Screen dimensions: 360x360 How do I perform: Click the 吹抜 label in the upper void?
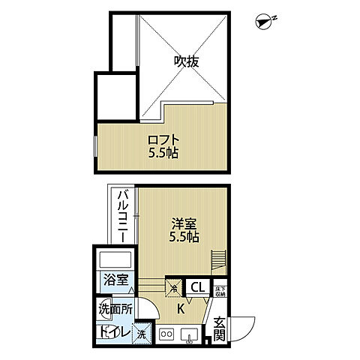point(187,62)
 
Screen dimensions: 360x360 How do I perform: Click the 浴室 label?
point(115,283)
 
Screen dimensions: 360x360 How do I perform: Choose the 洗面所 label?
point(115,308)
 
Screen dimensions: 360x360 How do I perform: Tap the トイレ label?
point(114,332)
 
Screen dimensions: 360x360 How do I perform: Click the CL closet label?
point(199,286)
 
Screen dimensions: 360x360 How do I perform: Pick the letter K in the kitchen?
point(181,308)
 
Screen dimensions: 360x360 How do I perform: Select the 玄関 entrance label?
point(219,330)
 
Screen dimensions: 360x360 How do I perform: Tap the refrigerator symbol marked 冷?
point(174,286)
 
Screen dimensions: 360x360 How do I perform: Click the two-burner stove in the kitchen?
point(167,334)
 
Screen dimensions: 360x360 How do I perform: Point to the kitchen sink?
point(190,334)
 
